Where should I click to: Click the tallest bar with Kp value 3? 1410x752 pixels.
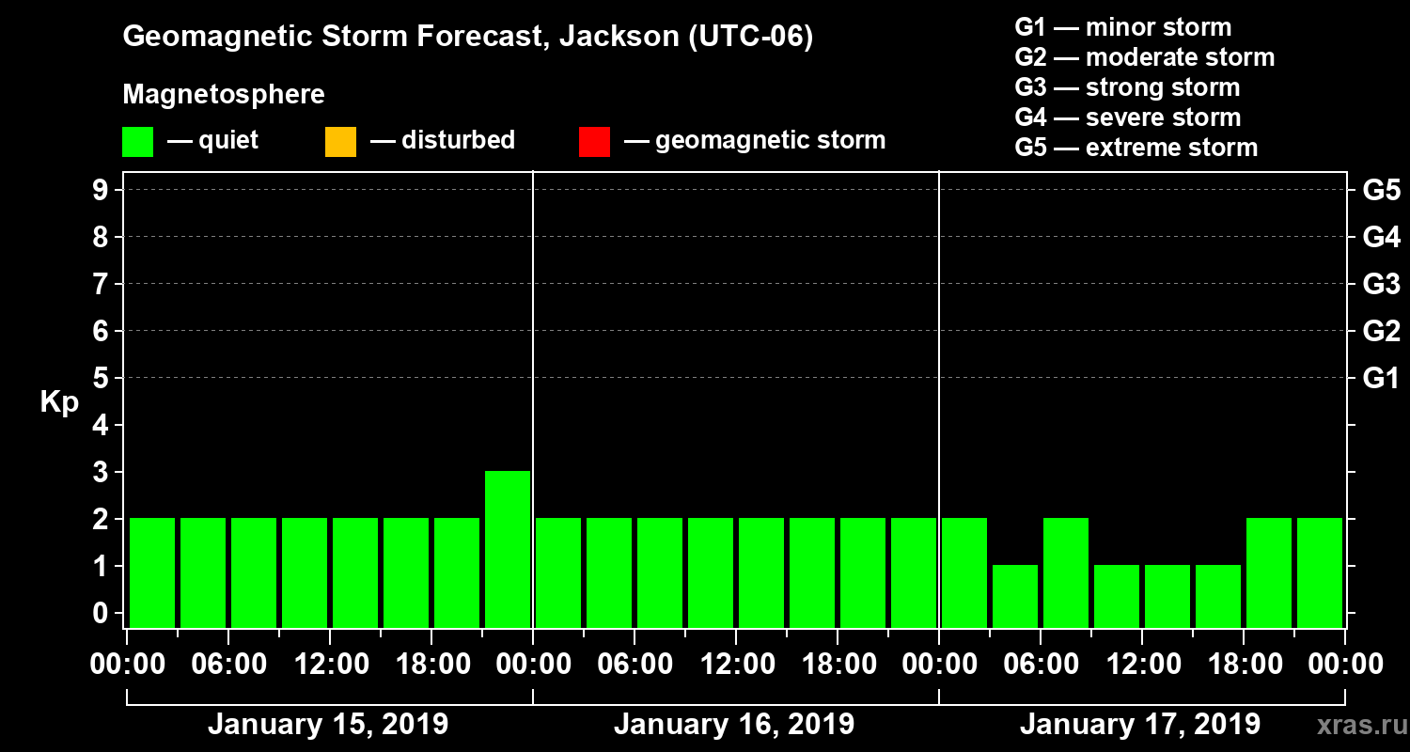pos(508,549)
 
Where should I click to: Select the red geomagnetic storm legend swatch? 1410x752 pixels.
pos(594,141)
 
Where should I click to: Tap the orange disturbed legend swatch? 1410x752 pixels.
pos(340,141)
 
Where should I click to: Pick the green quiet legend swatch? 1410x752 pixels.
pos(137,141)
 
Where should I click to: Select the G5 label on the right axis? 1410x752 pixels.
pos(1381,191)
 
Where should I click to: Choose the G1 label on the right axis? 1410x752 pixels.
pos(1381,379)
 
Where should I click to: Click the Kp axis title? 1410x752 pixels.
pos(59,402)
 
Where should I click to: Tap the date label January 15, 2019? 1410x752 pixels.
pos(328,725)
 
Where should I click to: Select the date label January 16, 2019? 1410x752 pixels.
pos(734,725)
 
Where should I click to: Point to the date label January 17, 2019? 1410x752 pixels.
pos(1140,725)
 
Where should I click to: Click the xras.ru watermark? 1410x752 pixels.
pos(1355,726)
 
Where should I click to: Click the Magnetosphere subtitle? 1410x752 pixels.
pos(224,95)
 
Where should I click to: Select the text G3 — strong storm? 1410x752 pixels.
pos(1127,87)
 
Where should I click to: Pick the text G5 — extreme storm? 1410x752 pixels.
pos(1136,148)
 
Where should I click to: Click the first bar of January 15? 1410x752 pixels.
pos(152,572)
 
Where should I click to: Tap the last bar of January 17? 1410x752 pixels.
pos(1320,572)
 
